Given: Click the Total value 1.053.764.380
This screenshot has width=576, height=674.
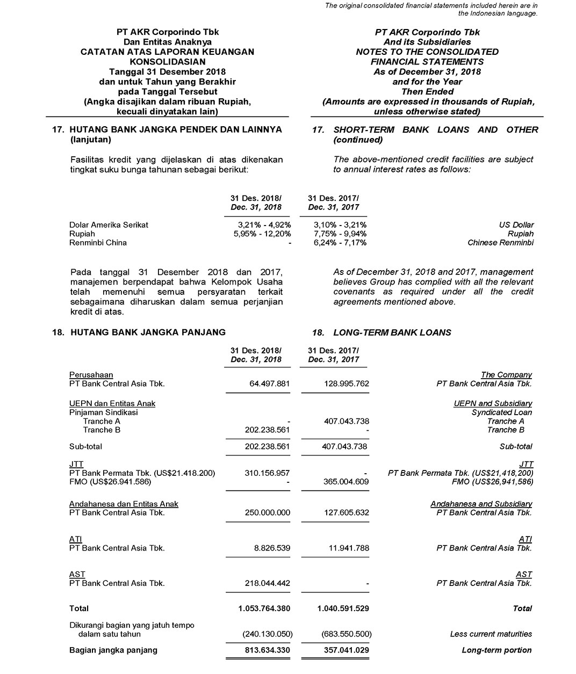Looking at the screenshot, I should tap(264, 608).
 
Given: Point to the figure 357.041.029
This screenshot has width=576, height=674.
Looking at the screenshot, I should tap(342, 650).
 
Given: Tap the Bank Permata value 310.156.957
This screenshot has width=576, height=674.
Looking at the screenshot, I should tap(267, 473).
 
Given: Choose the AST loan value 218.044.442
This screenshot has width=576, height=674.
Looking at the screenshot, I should tap(267, 583).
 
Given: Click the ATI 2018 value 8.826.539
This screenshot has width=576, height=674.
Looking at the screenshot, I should tap(271, 548).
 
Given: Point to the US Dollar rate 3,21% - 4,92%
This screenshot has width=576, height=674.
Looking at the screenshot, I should tap(264, 224).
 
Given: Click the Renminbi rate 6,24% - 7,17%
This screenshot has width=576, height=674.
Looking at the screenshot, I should tap(340, 242).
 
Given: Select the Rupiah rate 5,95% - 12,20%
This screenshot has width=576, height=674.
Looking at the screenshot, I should tap(262, 234).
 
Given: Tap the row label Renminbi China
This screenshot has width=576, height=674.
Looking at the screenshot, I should tap(98, 242).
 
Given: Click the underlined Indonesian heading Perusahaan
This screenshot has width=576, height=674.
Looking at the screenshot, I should tap(91, 374).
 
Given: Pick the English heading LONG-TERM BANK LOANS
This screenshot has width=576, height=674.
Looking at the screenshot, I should tap(392, 332).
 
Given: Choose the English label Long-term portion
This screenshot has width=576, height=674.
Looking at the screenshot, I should tap(496, 650).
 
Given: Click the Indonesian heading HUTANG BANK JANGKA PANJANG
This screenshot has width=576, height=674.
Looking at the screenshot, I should tap(147, 332).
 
